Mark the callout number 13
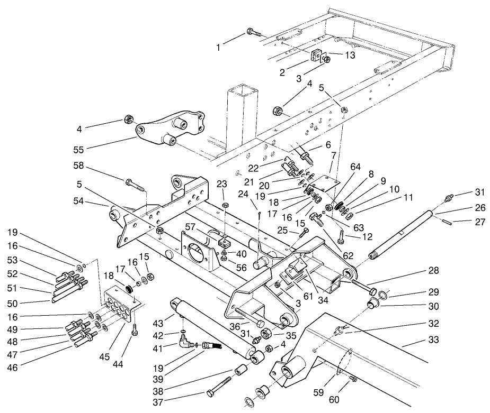[336, 54]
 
